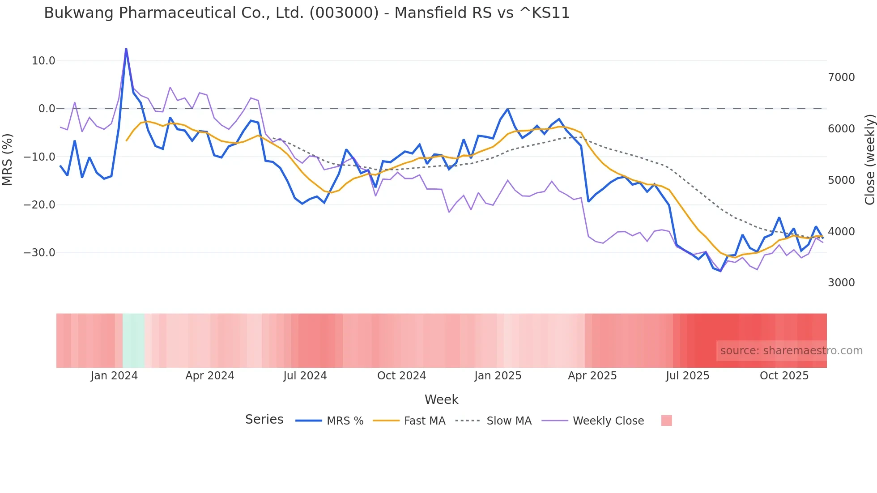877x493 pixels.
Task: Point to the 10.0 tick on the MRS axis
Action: coord(43,61)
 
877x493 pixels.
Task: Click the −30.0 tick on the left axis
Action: coord(39,253)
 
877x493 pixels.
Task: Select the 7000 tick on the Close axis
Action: coord(841,77)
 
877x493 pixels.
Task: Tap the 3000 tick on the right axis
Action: coord(841,283)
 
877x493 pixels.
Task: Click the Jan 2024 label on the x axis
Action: coord(114,376)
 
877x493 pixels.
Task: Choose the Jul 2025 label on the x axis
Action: coord(687,376)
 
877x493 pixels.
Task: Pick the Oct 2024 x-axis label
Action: coord(401,376)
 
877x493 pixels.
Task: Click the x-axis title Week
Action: coord(441,399)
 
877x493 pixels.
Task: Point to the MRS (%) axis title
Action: coord(8,159)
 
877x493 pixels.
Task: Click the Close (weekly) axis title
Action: coord(869,159)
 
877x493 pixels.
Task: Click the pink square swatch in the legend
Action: coord(666,421)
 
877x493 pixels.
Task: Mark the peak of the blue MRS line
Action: coord(126,49)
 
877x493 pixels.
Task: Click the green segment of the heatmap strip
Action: coord(133,340)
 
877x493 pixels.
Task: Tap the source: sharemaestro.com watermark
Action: coord(791,351)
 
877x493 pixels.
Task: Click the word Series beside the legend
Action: coord(264,420)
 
